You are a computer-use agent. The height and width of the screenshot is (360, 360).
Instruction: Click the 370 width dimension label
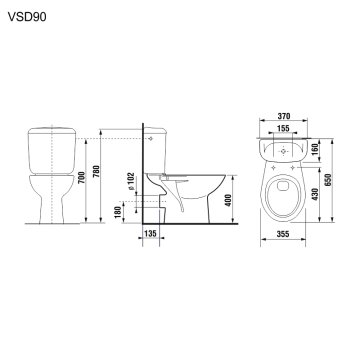[284, 117]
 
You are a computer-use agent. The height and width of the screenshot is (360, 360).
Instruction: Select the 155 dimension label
[284, 130]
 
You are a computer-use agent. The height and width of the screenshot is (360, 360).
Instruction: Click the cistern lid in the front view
[46, 129]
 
